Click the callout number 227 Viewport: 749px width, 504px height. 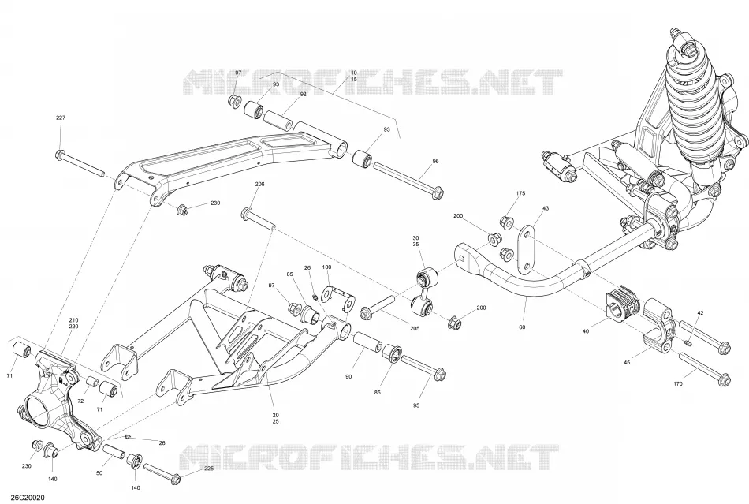click(61, 118)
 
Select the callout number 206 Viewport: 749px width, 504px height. click(259, 184)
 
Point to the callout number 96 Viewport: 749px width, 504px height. click(435, 162)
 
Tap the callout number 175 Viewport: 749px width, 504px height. click(520, 193)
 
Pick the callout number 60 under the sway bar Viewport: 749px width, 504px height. click(522, 327)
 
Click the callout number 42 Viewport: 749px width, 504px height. click(700, 313)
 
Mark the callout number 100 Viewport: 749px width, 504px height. click(326, 267)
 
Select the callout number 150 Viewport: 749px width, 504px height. click(98, 473)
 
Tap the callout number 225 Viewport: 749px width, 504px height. click(209, 469)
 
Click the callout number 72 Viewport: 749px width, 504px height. click(80, 401)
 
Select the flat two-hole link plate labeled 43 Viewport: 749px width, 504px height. click(525, 250)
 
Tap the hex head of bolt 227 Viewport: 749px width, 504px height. click(60, 155)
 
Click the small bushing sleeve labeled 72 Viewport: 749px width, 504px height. click(92, 383)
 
